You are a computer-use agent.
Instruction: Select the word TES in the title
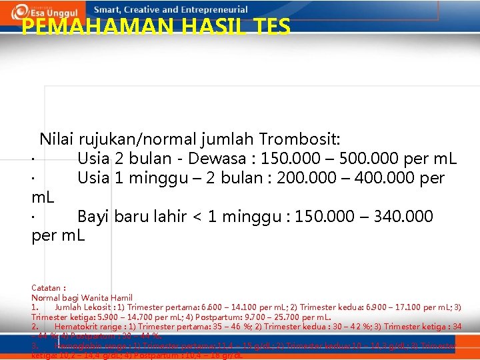tap(271, 26)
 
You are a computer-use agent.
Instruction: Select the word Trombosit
tap(299, 139)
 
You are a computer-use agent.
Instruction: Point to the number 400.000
tap(386, 178)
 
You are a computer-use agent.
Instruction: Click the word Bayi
tap(93, 217)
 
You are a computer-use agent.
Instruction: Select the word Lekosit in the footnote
tap(97, 307)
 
